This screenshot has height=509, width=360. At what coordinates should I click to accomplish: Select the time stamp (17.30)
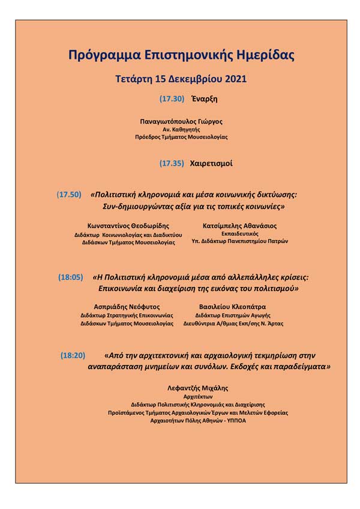tap(172, 98)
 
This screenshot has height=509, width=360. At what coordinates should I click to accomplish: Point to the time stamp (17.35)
tap(172, 163)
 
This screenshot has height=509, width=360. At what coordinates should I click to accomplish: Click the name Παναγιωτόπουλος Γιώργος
tap(181, 121)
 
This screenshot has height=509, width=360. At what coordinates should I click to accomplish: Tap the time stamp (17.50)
tap(69, 194)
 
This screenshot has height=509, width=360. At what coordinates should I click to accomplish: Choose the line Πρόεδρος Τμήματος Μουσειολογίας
tap(181, 137)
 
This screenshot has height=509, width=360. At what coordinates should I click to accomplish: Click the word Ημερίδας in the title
tap(261, 56)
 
